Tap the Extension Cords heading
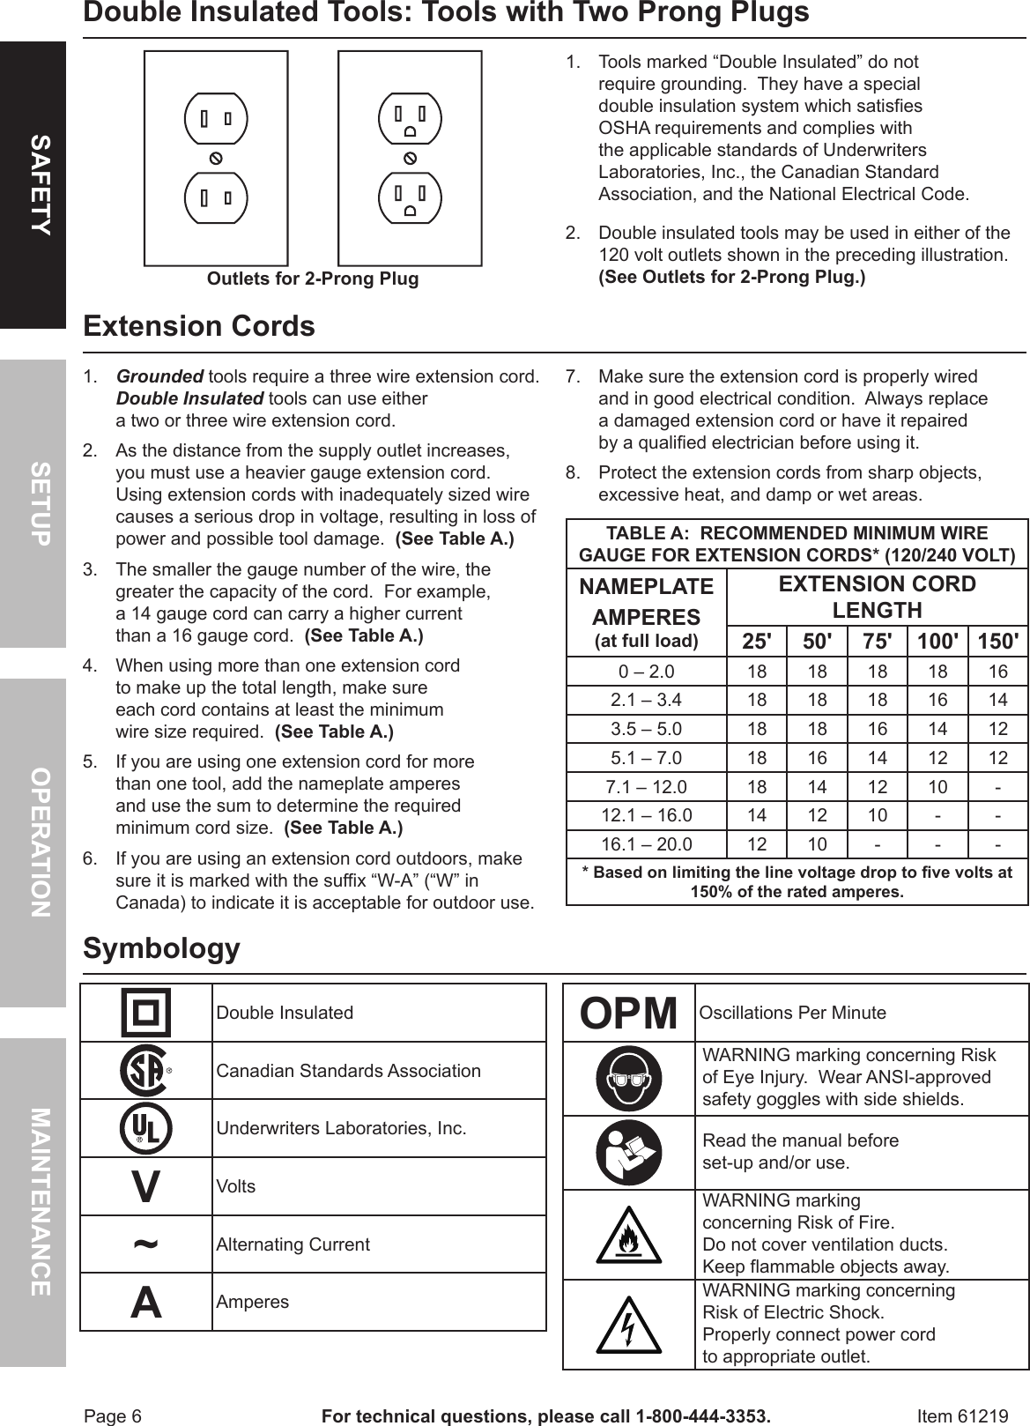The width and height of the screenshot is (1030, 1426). (x=199, y=327)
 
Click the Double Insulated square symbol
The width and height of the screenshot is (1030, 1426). (x=146, y=1013)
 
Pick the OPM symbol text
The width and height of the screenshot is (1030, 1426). (x=628, y=1014)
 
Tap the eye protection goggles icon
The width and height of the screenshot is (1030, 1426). (x=628, y=1078)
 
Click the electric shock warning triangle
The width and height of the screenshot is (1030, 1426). (x=628, y=1324)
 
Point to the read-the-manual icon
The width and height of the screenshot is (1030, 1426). (x=628, y=1153)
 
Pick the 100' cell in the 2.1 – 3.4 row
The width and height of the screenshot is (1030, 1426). (x=937, y=701)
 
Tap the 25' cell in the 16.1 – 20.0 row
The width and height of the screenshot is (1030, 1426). (x=756, y=844)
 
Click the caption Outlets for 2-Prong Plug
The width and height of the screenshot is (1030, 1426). (x=313, y=279)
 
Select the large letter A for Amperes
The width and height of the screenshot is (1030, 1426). (x=146, y=1302)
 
